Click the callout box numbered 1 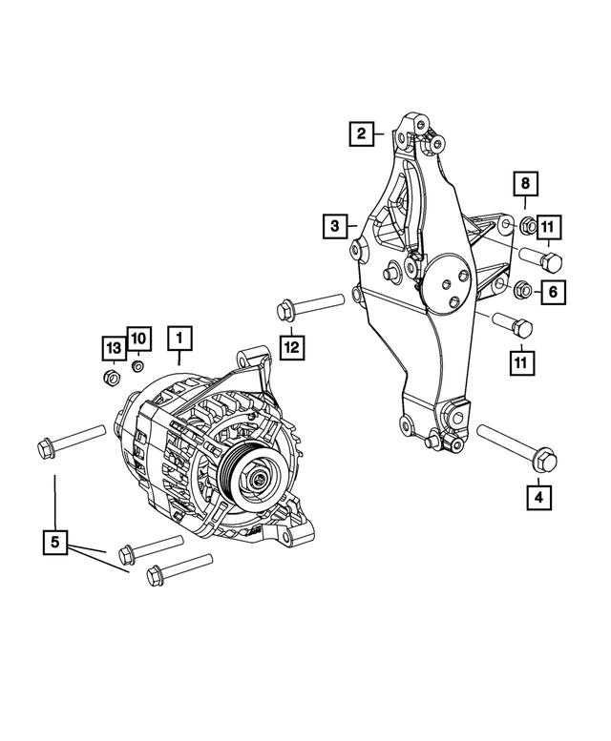[x=179, y=337]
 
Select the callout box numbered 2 [x=361, y=134]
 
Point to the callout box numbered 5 [x=55, y=543]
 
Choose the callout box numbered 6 [x=553, y=292]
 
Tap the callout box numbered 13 [x=114, y=344]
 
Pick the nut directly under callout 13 [x=112, y=380]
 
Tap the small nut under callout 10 [x=137, y=365]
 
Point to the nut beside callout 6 [x=522, y=288]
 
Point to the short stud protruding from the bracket [x=391, y=274]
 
